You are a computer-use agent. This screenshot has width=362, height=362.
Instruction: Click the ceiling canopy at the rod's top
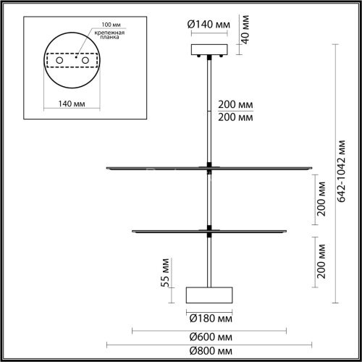pyautogui.click(x=209, y=50)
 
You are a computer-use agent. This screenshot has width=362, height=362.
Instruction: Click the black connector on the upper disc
pyautogui.click(x=209, y=169)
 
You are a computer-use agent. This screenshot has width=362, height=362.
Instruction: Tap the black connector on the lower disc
pyautogui.click(x=209, y=231)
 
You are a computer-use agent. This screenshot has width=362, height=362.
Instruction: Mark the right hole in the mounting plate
pyautogui.click(x=85, y=60)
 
